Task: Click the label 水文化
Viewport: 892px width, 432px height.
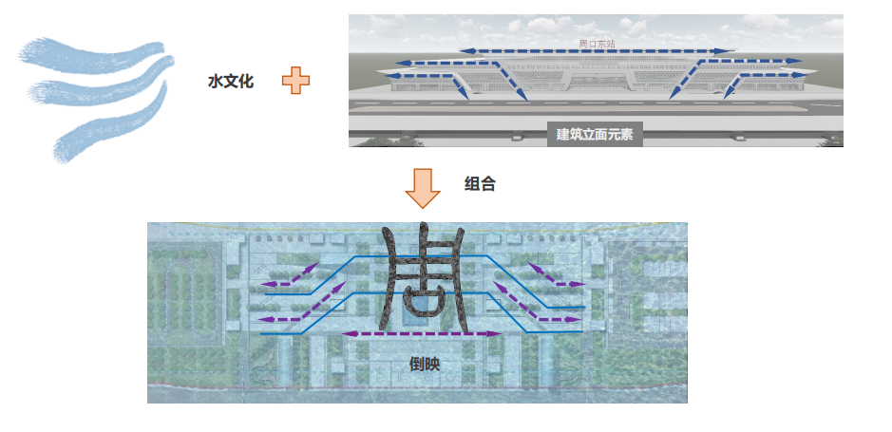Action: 231,83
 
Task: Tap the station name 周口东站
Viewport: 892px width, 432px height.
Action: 597,44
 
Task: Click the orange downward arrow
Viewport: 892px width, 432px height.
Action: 422,188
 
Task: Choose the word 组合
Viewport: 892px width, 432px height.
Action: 480,184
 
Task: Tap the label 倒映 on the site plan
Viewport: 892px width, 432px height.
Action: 423,363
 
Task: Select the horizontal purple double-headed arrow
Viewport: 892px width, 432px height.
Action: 422,334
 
